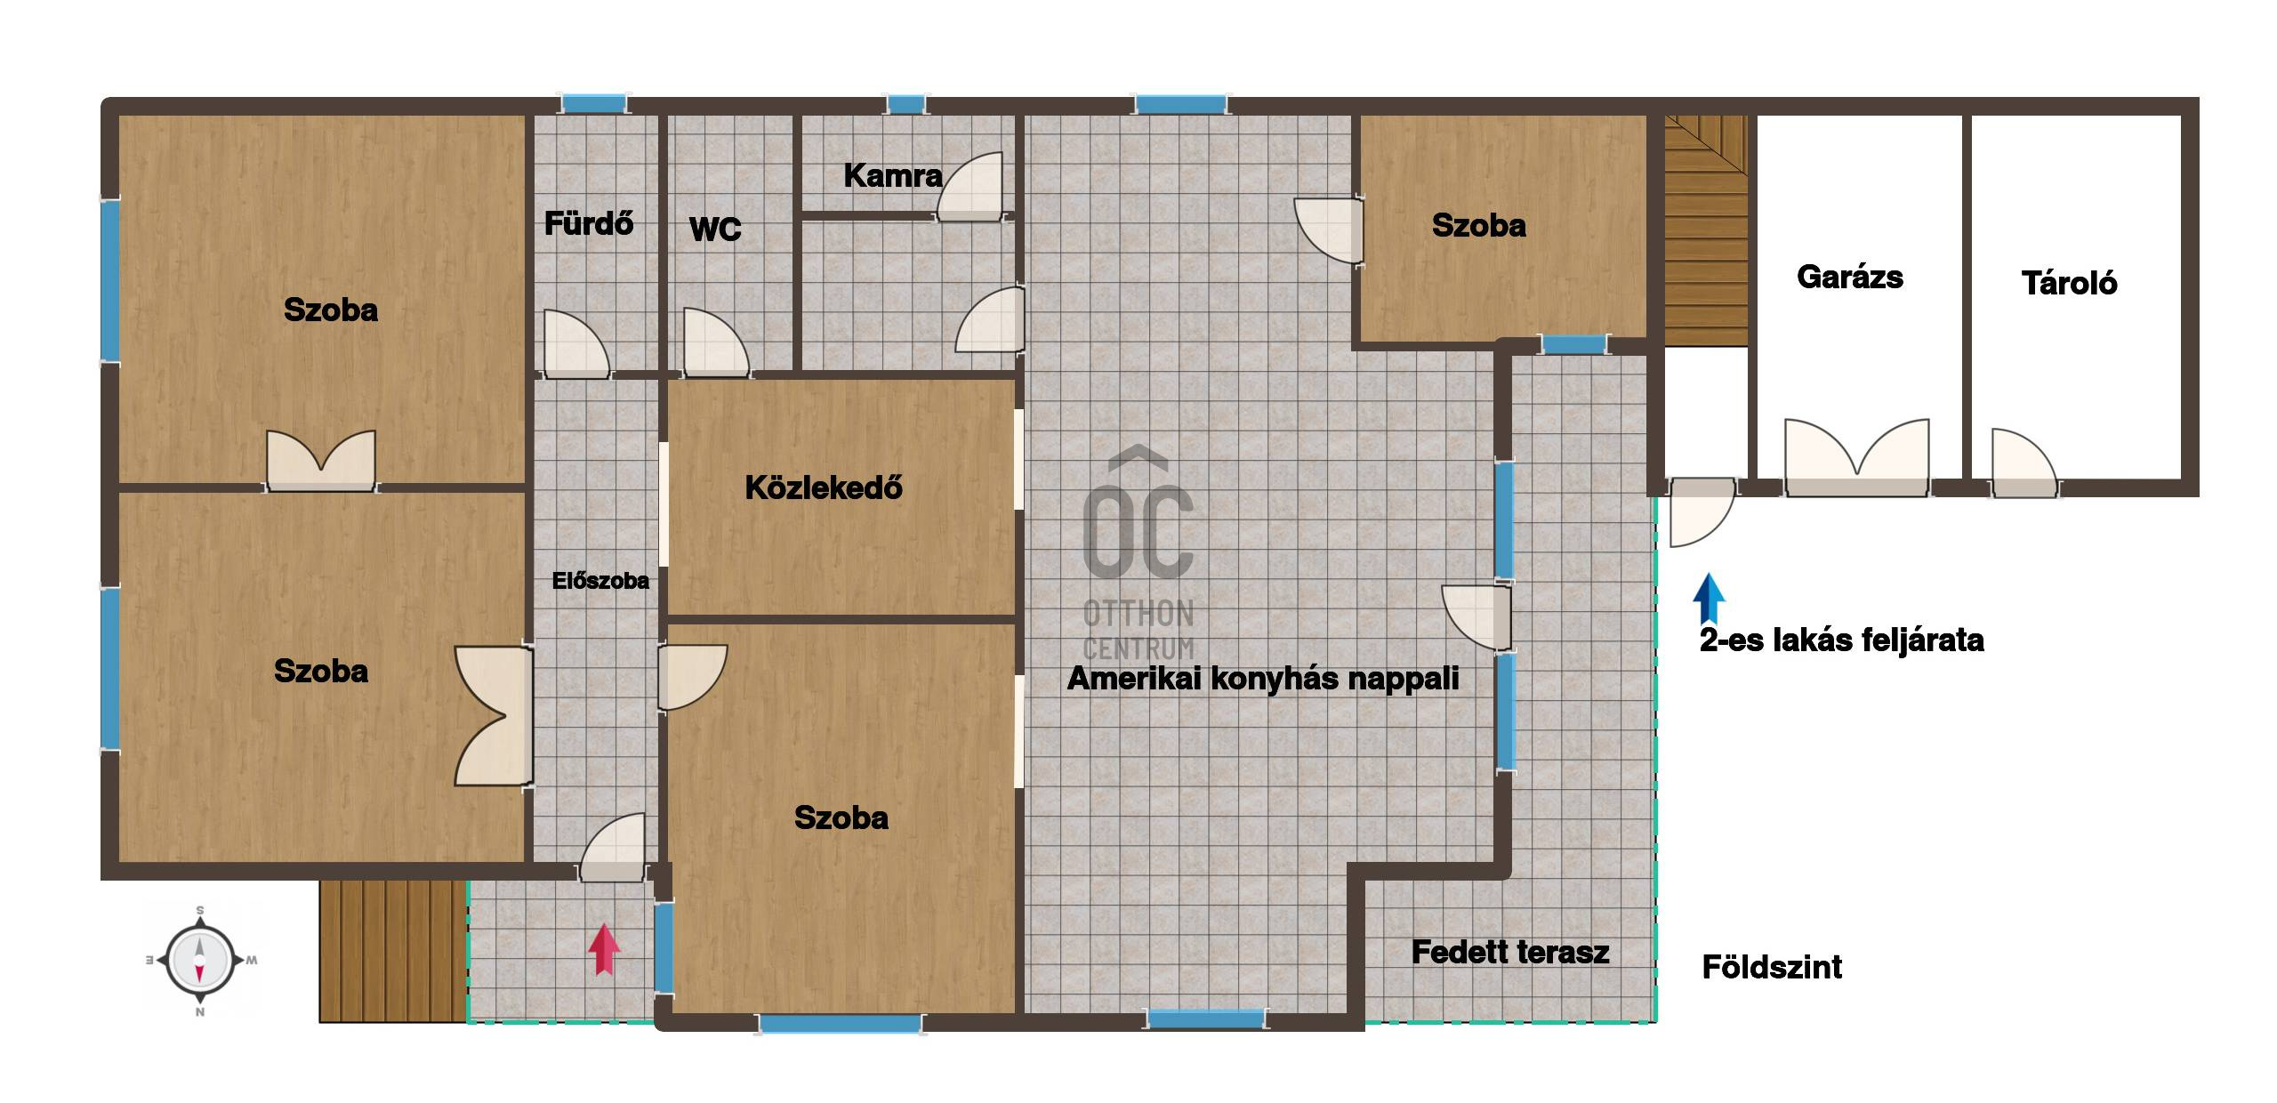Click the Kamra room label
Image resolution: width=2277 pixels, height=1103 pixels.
point(893,175)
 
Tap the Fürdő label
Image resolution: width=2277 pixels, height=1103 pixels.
point(589,222)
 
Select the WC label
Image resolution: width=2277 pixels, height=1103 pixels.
point(715,229)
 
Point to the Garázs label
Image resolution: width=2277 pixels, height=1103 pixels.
point(1850,277)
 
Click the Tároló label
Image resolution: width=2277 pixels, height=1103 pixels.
point(2069,283)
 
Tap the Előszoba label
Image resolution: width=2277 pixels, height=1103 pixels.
point(600,581)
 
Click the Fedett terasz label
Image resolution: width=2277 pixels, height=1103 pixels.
point(1510,952)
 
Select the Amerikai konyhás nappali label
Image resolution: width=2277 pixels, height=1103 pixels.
point(1263,679)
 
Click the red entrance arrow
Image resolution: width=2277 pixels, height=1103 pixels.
point(604,949)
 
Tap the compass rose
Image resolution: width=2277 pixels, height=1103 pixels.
point(200,961)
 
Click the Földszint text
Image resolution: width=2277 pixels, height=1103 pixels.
point(1772,967)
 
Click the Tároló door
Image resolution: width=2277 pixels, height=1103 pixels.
point(2024,463)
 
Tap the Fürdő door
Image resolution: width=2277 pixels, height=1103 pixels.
point(576,343)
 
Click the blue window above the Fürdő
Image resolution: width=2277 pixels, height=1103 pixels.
point(594,103)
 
